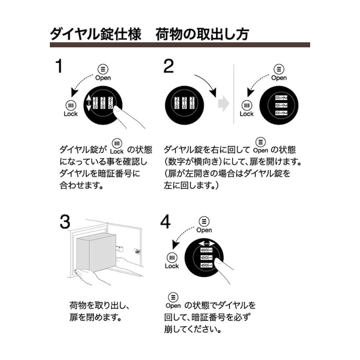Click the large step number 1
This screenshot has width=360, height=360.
point(59,66)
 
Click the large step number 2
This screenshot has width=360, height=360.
point(169,66)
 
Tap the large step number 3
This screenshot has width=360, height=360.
point(65,222)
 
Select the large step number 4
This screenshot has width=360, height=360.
point(166,222)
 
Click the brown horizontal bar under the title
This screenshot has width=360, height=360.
point(180,45)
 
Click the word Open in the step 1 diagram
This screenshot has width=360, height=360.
point(103,78)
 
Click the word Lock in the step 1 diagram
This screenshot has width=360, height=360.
point(70,114)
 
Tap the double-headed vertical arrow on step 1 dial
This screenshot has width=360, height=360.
point(89,103)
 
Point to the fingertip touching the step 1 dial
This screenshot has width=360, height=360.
point(117,109)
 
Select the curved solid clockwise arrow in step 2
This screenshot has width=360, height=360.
point(207,83)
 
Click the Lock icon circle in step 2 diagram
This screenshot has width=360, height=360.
point(246,106)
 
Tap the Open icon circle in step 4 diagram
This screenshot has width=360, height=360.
point(204,221)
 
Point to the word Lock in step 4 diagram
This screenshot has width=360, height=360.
point(172,266)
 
